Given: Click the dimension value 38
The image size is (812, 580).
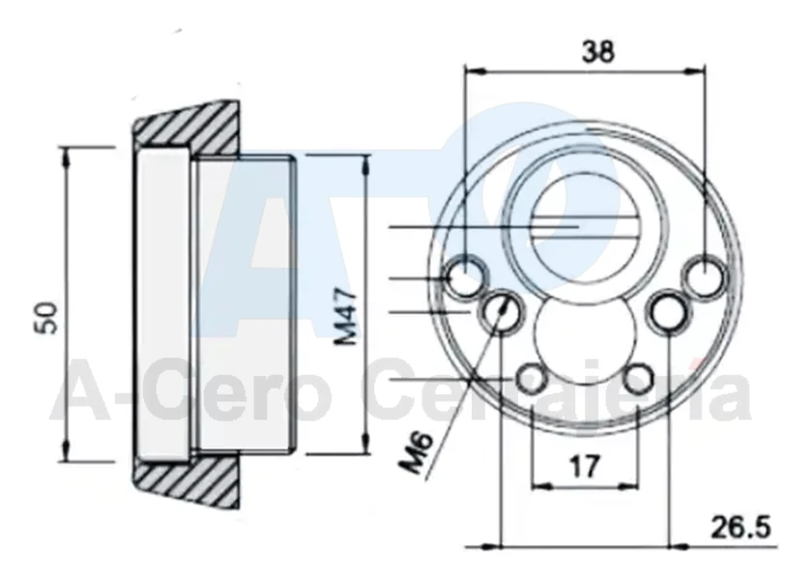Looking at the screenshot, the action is click(x=598, y=52).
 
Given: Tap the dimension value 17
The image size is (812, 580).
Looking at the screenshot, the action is click(x=585, y=466).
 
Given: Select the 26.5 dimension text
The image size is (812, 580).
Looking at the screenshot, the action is click(x=741, y=528).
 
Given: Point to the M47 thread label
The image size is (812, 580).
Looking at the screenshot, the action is click(x=345, y=318).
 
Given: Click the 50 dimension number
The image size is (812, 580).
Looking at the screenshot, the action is click(x=46, y=317).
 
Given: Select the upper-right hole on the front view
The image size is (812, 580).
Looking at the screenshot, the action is click(x=705, y=276).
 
